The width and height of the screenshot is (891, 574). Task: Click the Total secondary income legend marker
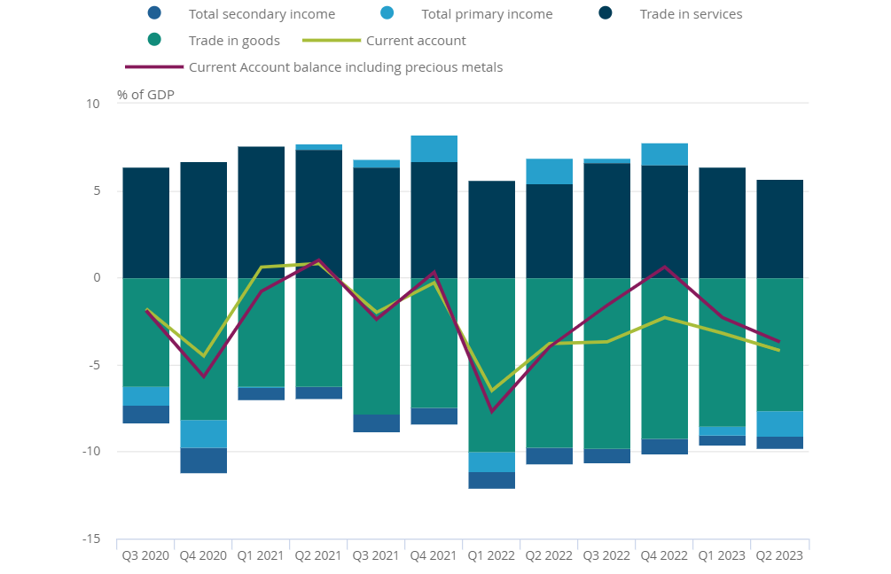coord(154,13)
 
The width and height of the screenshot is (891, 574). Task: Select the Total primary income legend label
coord(487,14)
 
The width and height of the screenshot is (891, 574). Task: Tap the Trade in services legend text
coord(691,14)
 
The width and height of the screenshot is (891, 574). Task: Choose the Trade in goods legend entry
coord(234,41)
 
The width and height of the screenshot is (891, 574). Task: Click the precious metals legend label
coord(346,67)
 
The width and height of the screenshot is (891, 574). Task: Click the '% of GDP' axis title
coord(145,95)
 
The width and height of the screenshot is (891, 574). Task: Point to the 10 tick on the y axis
coord(93,105)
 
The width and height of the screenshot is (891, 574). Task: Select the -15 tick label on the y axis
coord(90,539)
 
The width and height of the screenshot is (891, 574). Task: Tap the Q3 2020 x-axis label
coord(145,556)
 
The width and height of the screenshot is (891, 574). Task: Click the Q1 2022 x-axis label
coord(492,556)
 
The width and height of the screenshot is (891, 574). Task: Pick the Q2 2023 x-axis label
coord(779,556)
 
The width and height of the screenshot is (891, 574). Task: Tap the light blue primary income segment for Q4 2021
coord(434,149)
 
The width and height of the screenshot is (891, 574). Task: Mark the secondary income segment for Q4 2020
coord(203,461)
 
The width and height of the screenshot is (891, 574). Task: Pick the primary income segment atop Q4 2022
coord(665,154)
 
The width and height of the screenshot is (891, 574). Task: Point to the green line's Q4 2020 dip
coord(203,356)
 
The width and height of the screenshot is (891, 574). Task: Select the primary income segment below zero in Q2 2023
coord(779,424)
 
